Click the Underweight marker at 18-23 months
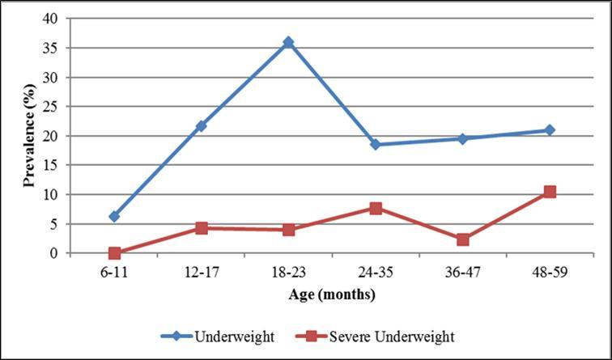point(288,42)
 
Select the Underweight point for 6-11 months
point(114,216)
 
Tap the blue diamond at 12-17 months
point(201,126)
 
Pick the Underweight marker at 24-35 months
point(376,144)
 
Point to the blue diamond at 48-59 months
point(550,130)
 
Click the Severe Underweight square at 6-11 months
point(114,253)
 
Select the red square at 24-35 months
point(376,208)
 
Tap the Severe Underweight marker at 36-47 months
point(462,239)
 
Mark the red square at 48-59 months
point(550,192)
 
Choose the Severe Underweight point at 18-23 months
point(288,230)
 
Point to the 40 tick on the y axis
point(54,19)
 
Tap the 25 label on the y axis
point(54,107)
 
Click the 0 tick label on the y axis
point(57,253)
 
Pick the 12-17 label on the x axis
point(201,273)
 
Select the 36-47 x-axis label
point(462,273)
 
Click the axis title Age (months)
point(332,294)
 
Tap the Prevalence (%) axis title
point(29,136)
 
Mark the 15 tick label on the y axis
point(54,165)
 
